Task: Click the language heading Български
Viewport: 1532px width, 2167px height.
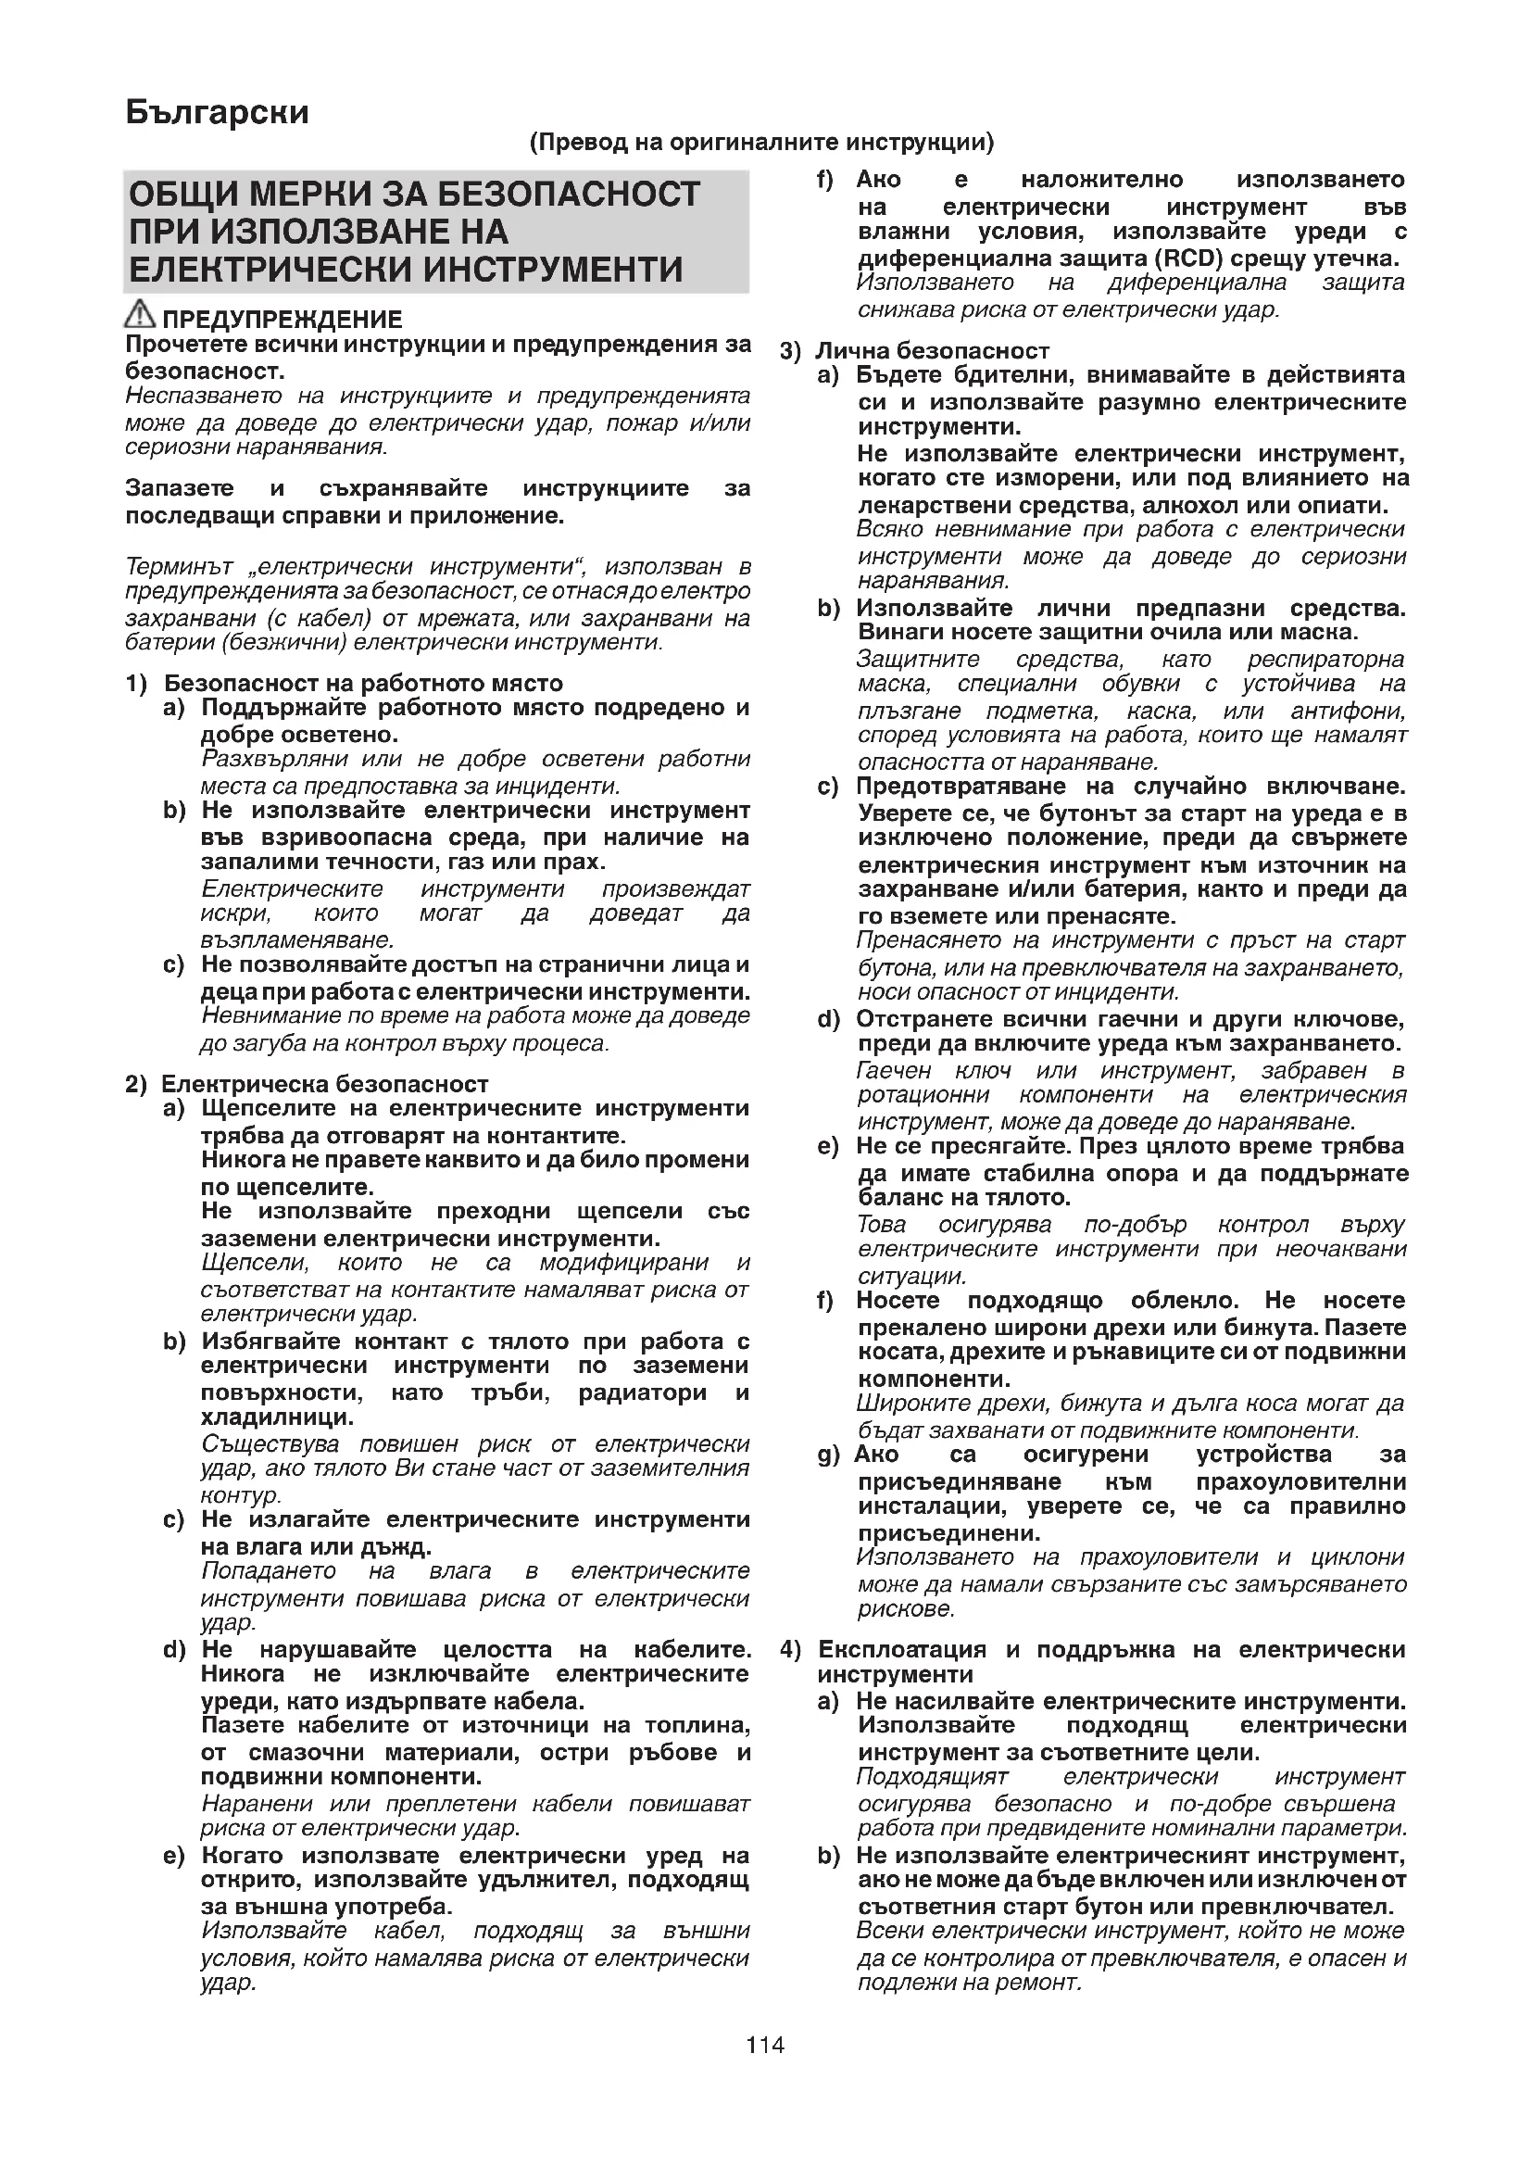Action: point(217,112)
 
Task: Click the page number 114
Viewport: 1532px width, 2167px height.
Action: point(765,2045)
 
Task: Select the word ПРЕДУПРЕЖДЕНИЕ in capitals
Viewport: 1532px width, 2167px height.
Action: point(283,320)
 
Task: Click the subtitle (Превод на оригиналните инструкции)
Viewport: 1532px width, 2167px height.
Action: point(761,143)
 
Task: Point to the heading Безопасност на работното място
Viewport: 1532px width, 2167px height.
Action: point(363,683)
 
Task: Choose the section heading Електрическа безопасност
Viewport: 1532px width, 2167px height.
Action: point(324,1084)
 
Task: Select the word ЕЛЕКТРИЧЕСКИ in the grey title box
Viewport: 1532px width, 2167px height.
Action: point(269,270)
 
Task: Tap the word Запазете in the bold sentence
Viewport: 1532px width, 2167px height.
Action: point(181,488)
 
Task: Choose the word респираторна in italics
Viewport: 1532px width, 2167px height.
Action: point(1325,659)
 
